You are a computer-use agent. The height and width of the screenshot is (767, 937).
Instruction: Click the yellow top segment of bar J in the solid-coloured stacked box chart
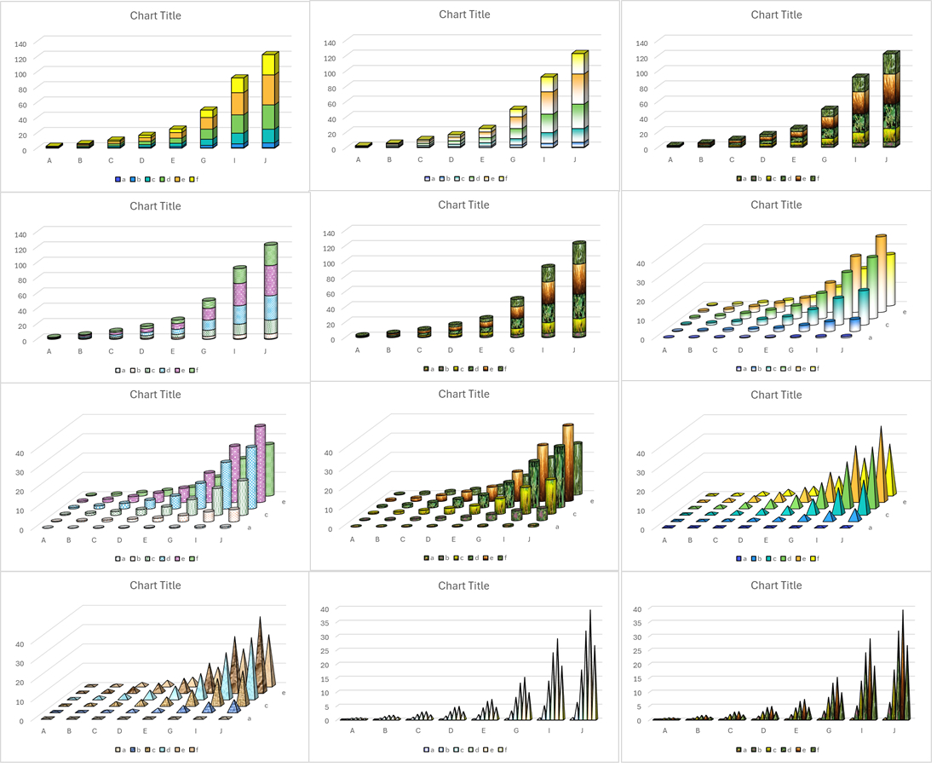pos(268,65)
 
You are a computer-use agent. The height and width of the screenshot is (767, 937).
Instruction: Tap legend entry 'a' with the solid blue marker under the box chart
pos(119,179)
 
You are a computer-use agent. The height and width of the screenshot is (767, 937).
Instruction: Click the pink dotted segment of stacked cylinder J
pos(271,280)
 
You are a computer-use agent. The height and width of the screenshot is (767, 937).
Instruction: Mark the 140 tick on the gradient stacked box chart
pos(331,43)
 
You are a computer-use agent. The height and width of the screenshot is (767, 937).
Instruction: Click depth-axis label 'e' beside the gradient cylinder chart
pos(905,313)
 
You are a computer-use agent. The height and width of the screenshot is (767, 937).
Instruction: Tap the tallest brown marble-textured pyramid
pos(261,648)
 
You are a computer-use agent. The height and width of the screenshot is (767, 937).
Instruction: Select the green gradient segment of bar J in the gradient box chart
pos(578,115)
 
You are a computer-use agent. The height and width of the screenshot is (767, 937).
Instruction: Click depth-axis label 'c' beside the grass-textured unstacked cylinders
pos(575,514)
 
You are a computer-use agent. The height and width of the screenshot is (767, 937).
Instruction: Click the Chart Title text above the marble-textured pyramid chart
pos(155,585)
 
